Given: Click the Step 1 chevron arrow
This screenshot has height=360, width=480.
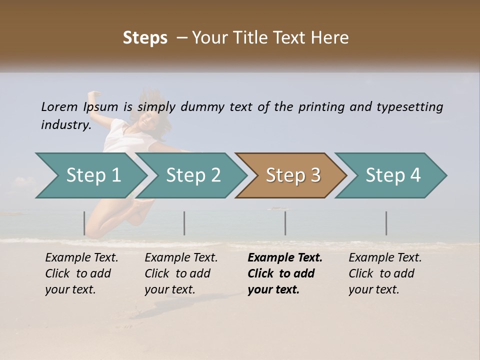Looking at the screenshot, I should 93,175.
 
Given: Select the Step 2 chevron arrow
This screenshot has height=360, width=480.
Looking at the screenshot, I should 193,175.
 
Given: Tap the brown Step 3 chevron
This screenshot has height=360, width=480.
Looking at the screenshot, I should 293,175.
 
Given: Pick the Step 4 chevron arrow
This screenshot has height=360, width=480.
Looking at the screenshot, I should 393,175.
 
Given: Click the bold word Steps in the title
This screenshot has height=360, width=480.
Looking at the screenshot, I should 145,37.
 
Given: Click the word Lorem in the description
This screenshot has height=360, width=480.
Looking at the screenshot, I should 59,106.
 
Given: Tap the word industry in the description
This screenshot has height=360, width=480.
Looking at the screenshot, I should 66,124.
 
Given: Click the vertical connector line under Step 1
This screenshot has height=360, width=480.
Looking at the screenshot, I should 84,223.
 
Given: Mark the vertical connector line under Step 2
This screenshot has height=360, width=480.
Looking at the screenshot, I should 184,223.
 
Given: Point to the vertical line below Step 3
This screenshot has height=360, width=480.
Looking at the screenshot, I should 285,223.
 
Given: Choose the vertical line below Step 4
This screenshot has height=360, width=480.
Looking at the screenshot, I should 386,223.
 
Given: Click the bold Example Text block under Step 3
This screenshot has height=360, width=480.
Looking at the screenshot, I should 284,273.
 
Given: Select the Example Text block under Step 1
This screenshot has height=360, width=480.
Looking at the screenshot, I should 81,273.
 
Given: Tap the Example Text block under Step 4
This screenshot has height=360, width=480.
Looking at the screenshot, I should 385,273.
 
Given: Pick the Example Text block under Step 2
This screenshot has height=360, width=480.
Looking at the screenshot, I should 181,273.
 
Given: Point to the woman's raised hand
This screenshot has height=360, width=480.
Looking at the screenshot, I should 93,95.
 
